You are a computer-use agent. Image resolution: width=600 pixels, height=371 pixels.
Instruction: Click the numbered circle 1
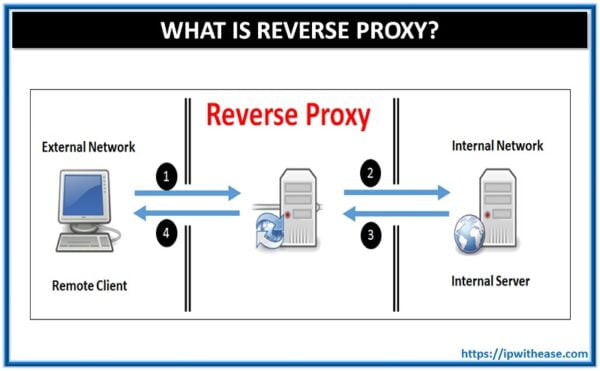click(x=168, y=179)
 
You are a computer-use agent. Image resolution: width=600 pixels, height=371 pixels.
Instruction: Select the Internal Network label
click(x=497, y=146)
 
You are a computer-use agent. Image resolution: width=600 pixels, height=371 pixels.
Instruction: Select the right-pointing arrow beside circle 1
click(x=205, y=192)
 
